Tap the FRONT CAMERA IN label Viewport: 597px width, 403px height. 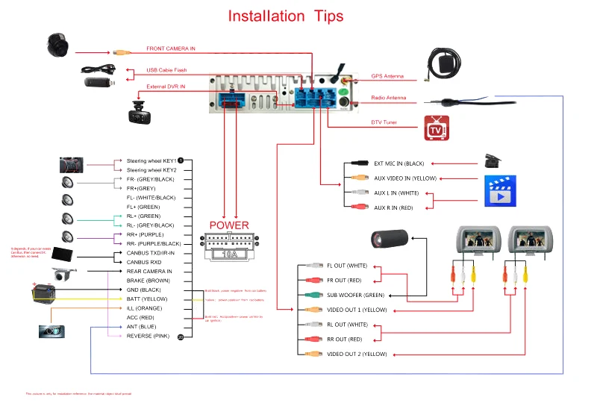point(171,49)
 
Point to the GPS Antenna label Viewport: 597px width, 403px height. point(387,76)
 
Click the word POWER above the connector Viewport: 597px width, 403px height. point(229,225)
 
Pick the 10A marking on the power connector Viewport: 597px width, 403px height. point(229,254)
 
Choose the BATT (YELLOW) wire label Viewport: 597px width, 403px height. point(147,299)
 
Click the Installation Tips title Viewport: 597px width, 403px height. point(286,16)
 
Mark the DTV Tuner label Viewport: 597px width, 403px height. point(384,122)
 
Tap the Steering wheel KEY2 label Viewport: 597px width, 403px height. point(151,170)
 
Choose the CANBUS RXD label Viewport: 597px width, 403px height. point(145,263)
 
